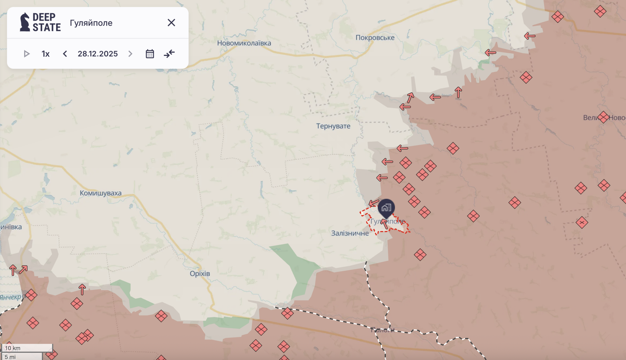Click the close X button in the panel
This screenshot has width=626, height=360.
(x=171, y=23)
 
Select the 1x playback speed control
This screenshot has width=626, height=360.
(x=46, y=54)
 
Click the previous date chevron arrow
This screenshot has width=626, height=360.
(x=65, y=54)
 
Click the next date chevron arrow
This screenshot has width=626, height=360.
(x=130, y=54)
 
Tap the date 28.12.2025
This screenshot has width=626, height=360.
(x=98, y=54)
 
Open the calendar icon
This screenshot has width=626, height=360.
(x=150, y=54)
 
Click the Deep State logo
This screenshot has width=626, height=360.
(x=40, y=22)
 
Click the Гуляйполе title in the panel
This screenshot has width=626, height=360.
(x=91, y=23)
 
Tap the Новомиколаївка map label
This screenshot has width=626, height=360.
(x=244, y=43)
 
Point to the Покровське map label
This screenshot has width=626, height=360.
(x=375, y=38)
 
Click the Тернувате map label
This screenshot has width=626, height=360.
(x=333, y=126)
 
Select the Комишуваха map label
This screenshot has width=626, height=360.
(x=100, y=193)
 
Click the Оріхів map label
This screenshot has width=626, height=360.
(x=200, y=274)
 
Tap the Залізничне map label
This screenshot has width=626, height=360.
(x=350, y=233)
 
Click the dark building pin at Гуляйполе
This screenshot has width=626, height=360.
(x=386, y=208)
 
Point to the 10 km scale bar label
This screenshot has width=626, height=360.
(x=13, y=348)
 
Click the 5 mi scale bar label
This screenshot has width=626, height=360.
(x=10, y=357)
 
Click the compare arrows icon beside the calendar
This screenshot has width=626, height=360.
(x=169, y=54)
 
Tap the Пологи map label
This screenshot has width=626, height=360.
(x=382, y=330)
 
